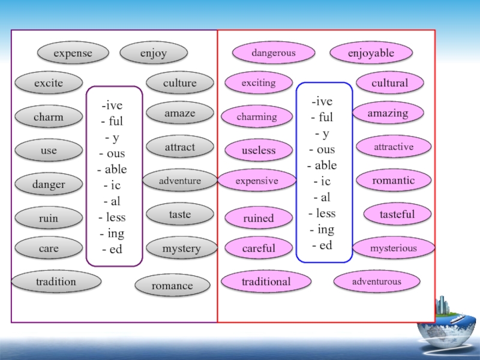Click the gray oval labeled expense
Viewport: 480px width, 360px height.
(x=73, y=53)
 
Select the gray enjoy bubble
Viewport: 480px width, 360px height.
(x=153, y=53)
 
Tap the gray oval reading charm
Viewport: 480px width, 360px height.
(x=49, y=116)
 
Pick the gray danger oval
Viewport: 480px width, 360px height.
(x=49, y=184)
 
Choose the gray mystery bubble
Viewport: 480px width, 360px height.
(x=181, y=248)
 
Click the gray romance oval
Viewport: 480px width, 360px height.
(x=172, y=286)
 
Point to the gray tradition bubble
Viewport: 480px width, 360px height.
(x=56, y=281)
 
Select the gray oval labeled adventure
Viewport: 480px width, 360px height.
(x=180, y=180)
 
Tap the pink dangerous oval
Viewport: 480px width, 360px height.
(x=274, y=53)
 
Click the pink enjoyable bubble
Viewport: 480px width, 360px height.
(x=371, y=53)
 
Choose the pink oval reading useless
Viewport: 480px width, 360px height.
(x=259, y=150)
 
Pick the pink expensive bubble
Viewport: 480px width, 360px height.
(x=257, y=181)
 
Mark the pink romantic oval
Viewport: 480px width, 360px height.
(x=394, y=180)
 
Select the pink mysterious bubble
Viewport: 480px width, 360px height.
(x=394, y=248)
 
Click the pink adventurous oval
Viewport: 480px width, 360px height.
(x=377, y=281)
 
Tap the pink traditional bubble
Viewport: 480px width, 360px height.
(x=266, y=281)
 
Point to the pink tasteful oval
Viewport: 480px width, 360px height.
(x=397, y=214)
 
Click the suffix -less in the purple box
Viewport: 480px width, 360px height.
(x=114, y=217)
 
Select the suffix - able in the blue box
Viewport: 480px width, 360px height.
(x=324, y=165)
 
